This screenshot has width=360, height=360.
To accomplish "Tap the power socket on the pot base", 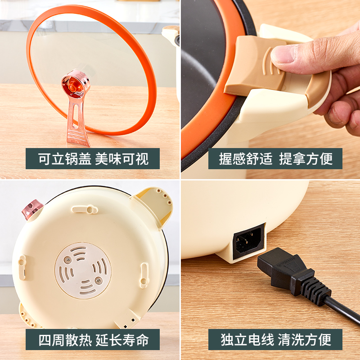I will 247,240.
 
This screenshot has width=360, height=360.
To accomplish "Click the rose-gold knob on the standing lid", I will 74,84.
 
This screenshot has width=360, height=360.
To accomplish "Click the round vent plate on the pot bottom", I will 83,270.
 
